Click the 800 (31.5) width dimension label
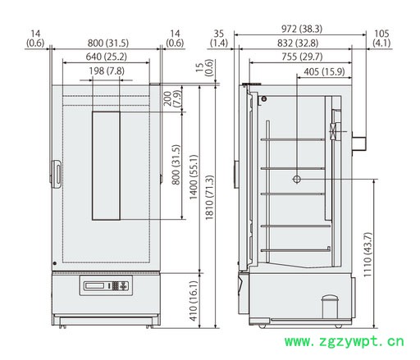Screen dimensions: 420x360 [x=108, y=43]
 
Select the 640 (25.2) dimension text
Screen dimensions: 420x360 [x=107, y=57]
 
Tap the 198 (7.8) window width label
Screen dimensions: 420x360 [x=107, y=71]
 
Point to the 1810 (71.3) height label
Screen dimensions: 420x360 [x=209, y=198]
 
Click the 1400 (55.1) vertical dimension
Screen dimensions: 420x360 [x=194, y=177]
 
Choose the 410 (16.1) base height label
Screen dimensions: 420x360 [x=194, y=301]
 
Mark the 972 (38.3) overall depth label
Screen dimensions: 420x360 [x=302, y=29]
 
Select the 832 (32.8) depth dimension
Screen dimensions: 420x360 [x=298, y=43]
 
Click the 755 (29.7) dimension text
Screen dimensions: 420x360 [x=302, y=57]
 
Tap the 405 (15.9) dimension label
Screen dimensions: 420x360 [x=324, y=71]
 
